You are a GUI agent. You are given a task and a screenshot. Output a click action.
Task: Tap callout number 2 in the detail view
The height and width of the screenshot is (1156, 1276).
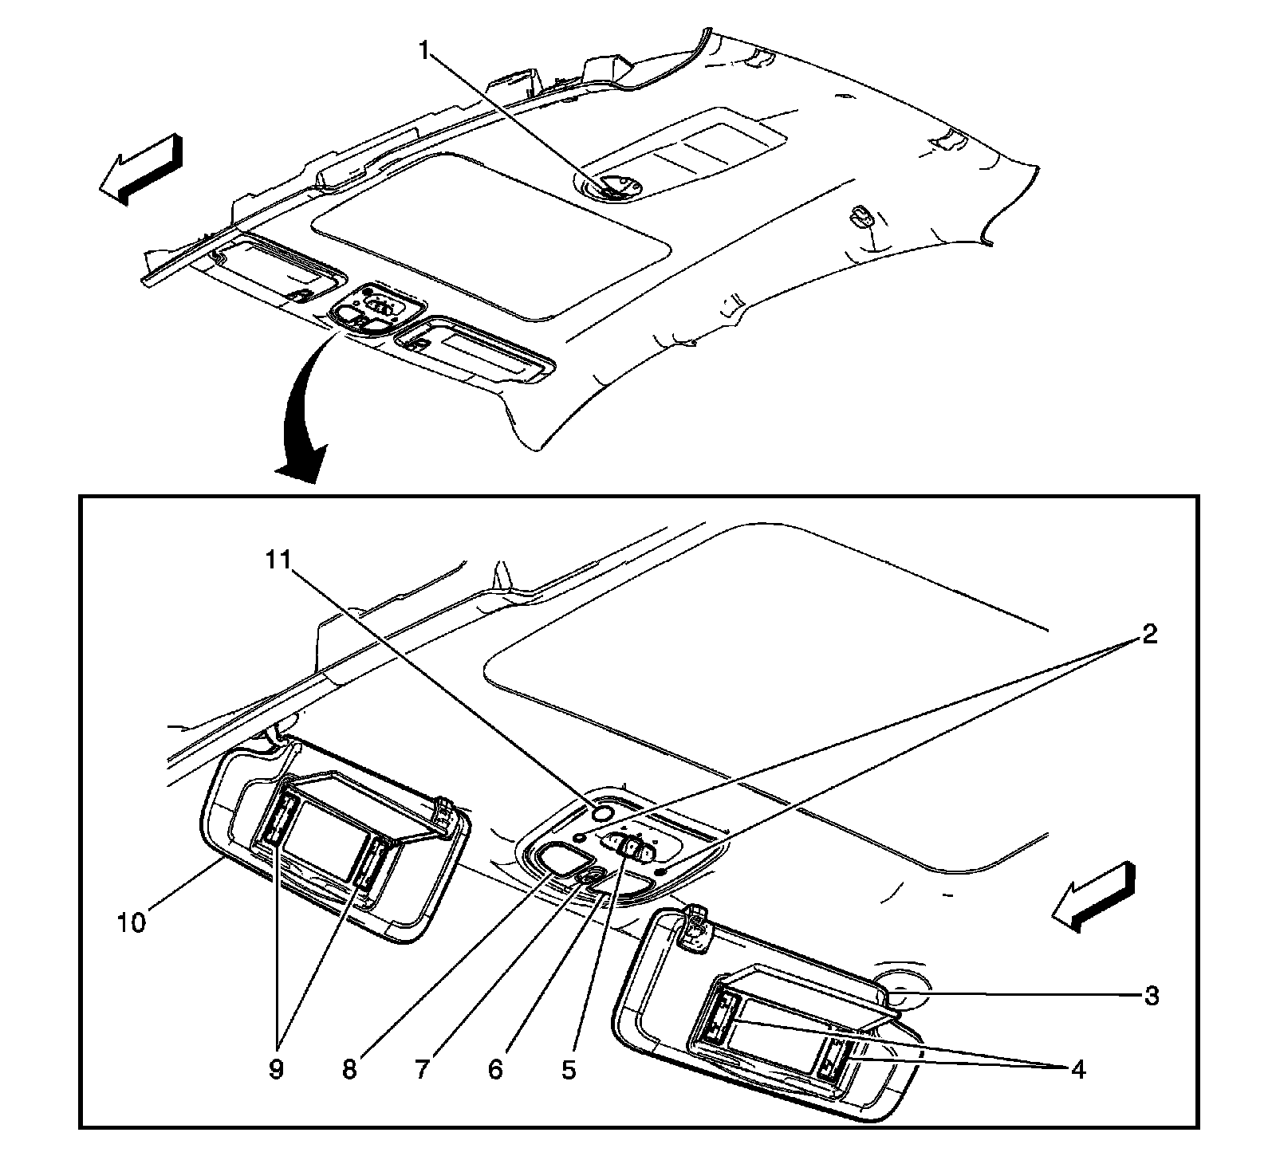pos(1148,635)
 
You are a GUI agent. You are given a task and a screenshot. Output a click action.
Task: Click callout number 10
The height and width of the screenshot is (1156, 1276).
pos(132,923)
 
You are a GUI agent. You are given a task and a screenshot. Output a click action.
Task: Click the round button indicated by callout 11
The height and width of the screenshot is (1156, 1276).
pos(602,812)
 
